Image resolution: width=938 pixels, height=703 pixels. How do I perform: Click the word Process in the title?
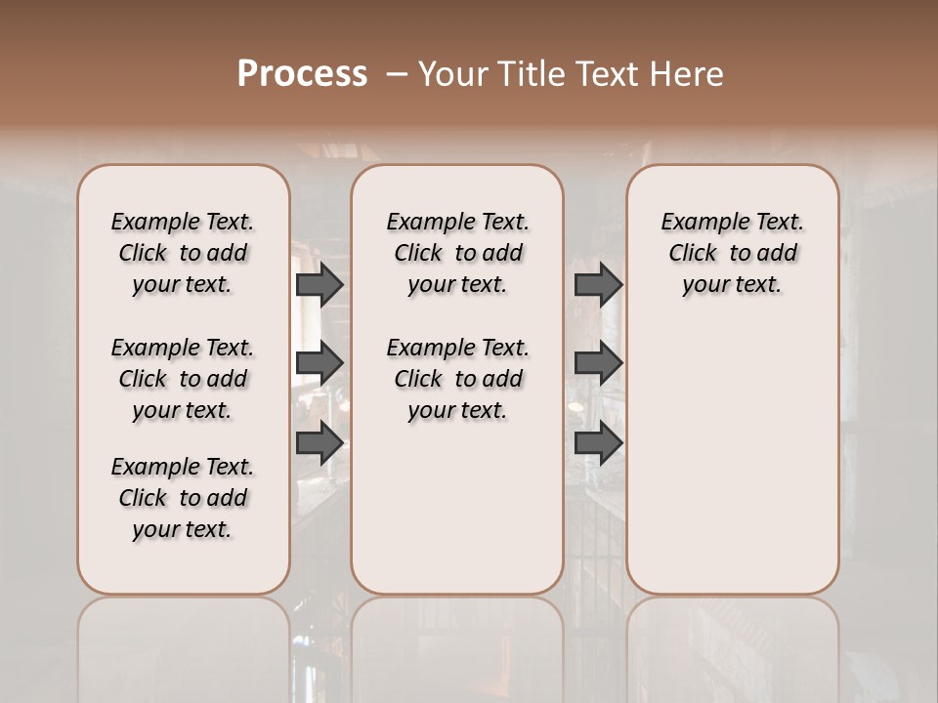click(302, 73)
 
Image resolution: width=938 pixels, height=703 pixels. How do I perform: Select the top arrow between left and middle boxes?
click(320, 284)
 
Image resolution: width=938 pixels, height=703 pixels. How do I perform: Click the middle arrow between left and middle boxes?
click(320, 363)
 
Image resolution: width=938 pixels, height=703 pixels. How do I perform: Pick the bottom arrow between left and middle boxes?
click(320, 442)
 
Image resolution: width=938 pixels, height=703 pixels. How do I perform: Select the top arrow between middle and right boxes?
click(598, 284)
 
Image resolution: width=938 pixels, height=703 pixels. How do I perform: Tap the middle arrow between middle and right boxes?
click(598, 363)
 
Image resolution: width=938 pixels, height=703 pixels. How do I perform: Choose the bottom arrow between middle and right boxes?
click(598, 442)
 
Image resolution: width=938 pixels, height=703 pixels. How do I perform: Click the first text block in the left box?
click(183, 253)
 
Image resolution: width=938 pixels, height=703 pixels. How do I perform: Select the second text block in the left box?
click(183, 379)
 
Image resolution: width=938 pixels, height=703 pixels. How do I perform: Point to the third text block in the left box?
click(183, 498)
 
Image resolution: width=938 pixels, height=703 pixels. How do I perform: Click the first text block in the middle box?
click(457, 253)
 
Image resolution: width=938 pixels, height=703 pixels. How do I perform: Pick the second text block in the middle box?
click(457, 379)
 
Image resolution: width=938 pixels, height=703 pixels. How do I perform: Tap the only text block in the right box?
click(733, 253)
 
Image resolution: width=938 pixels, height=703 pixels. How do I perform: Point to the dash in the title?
click(398, 73)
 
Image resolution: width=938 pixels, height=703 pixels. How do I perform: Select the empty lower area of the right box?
click(733, 459)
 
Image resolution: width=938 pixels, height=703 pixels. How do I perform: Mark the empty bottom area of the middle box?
click(457, 517)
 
